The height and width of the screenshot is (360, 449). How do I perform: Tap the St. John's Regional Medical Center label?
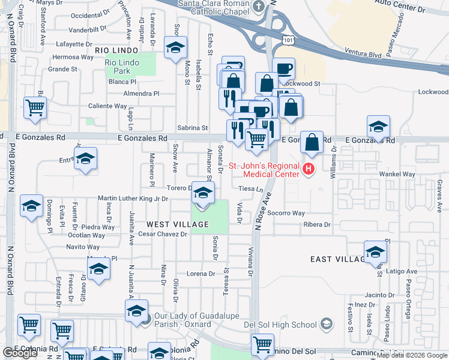click(x=271, y=170)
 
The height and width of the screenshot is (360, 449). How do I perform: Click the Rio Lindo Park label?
click(x=122, y=67)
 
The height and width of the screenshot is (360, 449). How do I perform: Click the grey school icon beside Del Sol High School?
click(x=326, y=325)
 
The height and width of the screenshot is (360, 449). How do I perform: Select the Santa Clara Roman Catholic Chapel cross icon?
click(x=259, y=7)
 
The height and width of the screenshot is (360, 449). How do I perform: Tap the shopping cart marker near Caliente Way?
click(x=35, y=108)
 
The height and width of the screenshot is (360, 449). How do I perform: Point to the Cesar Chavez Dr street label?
click(x=163, y=234)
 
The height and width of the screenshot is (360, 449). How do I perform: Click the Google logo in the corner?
click(x=20, y=353)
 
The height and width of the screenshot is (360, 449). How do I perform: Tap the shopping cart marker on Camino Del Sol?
click(x=263, y=344)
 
